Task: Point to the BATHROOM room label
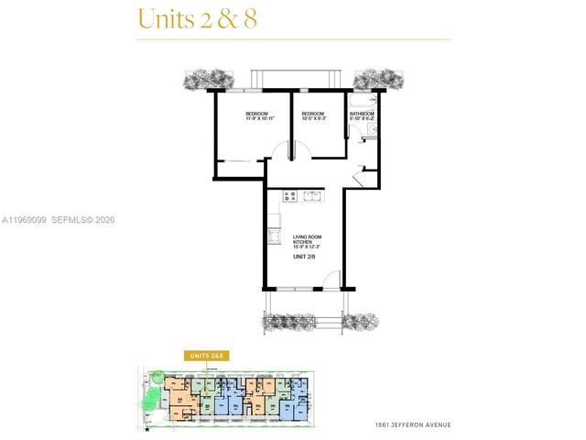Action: [361, 114]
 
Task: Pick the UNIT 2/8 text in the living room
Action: [304, 258]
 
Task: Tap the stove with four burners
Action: [291, 195]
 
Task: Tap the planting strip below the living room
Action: [320, 321]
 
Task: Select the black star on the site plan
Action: [147, 428]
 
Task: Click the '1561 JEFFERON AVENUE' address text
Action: [413, 425]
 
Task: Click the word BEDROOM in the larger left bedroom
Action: [257, 114]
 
